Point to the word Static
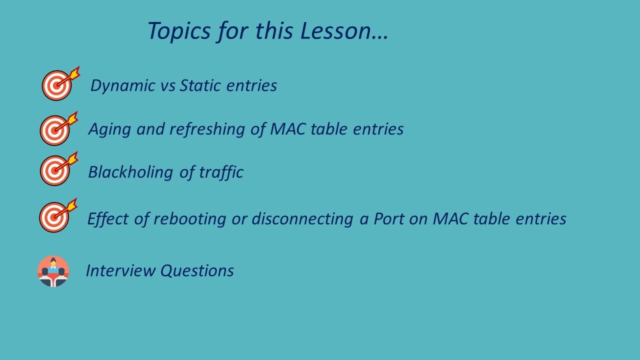click(200, 85)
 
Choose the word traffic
click(221, 172)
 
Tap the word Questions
click(197, 270)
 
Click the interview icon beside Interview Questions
click(53, 271)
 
